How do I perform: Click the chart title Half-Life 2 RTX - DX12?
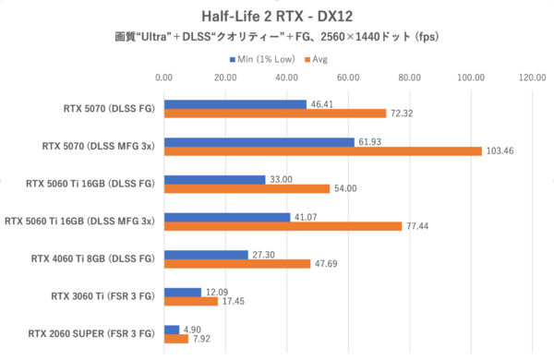277,16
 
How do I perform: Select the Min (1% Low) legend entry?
264,59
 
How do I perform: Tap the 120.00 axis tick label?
532,78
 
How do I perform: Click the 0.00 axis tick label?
164,78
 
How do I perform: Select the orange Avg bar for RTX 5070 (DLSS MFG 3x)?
322,151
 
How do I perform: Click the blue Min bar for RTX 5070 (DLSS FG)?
235,104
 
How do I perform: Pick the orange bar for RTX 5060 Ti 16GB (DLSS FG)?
247,188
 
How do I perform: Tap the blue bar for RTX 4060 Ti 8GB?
206,254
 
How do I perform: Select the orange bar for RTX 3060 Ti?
190,301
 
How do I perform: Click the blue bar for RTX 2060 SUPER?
172,329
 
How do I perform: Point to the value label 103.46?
500,150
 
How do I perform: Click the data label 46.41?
323,104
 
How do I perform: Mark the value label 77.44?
418,225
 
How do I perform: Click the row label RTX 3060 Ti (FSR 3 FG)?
102,296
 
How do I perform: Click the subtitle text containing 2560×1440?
277,38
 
